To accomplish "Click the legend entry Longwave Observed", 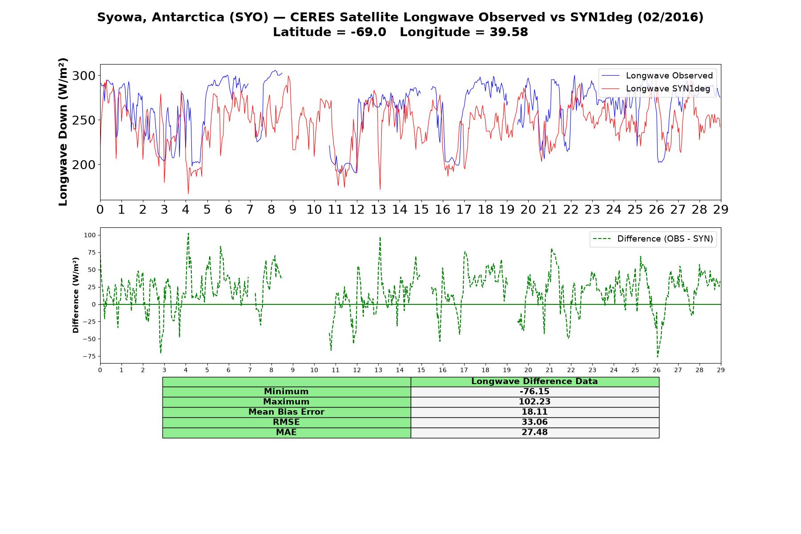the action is [x=656, y=76].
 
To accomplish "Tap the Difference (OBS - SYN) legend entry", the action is [x=653, y=239].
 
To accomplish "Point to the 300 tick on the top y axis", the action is [x=84, y=76].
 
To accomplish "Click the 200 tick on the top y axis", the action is [x=84, y=165].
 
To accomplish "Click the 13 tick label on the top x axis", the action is [x=378, y=209].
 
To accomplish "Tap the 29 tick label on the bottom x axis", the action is [x=721, y=369].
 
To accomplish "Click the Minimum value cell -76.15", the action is [x=534, y=392].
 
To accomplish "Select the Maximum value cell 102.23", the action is [x=534, y=402].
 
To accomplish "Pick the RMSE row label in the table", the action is [x=286, y=422].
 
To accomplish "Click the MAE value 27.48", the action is [x=534, y=433].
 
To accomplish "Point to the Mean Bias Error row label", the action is [x=286, y=412].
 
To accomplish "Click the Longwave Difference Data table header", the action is [x=534, y=381].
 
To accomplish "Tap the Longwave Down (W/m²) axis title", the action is [x=63, y=132].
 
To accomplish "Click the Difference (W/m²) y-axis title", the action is [x=76, y=295].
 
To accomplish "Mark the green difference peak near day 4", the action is [x=188, y=234].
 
